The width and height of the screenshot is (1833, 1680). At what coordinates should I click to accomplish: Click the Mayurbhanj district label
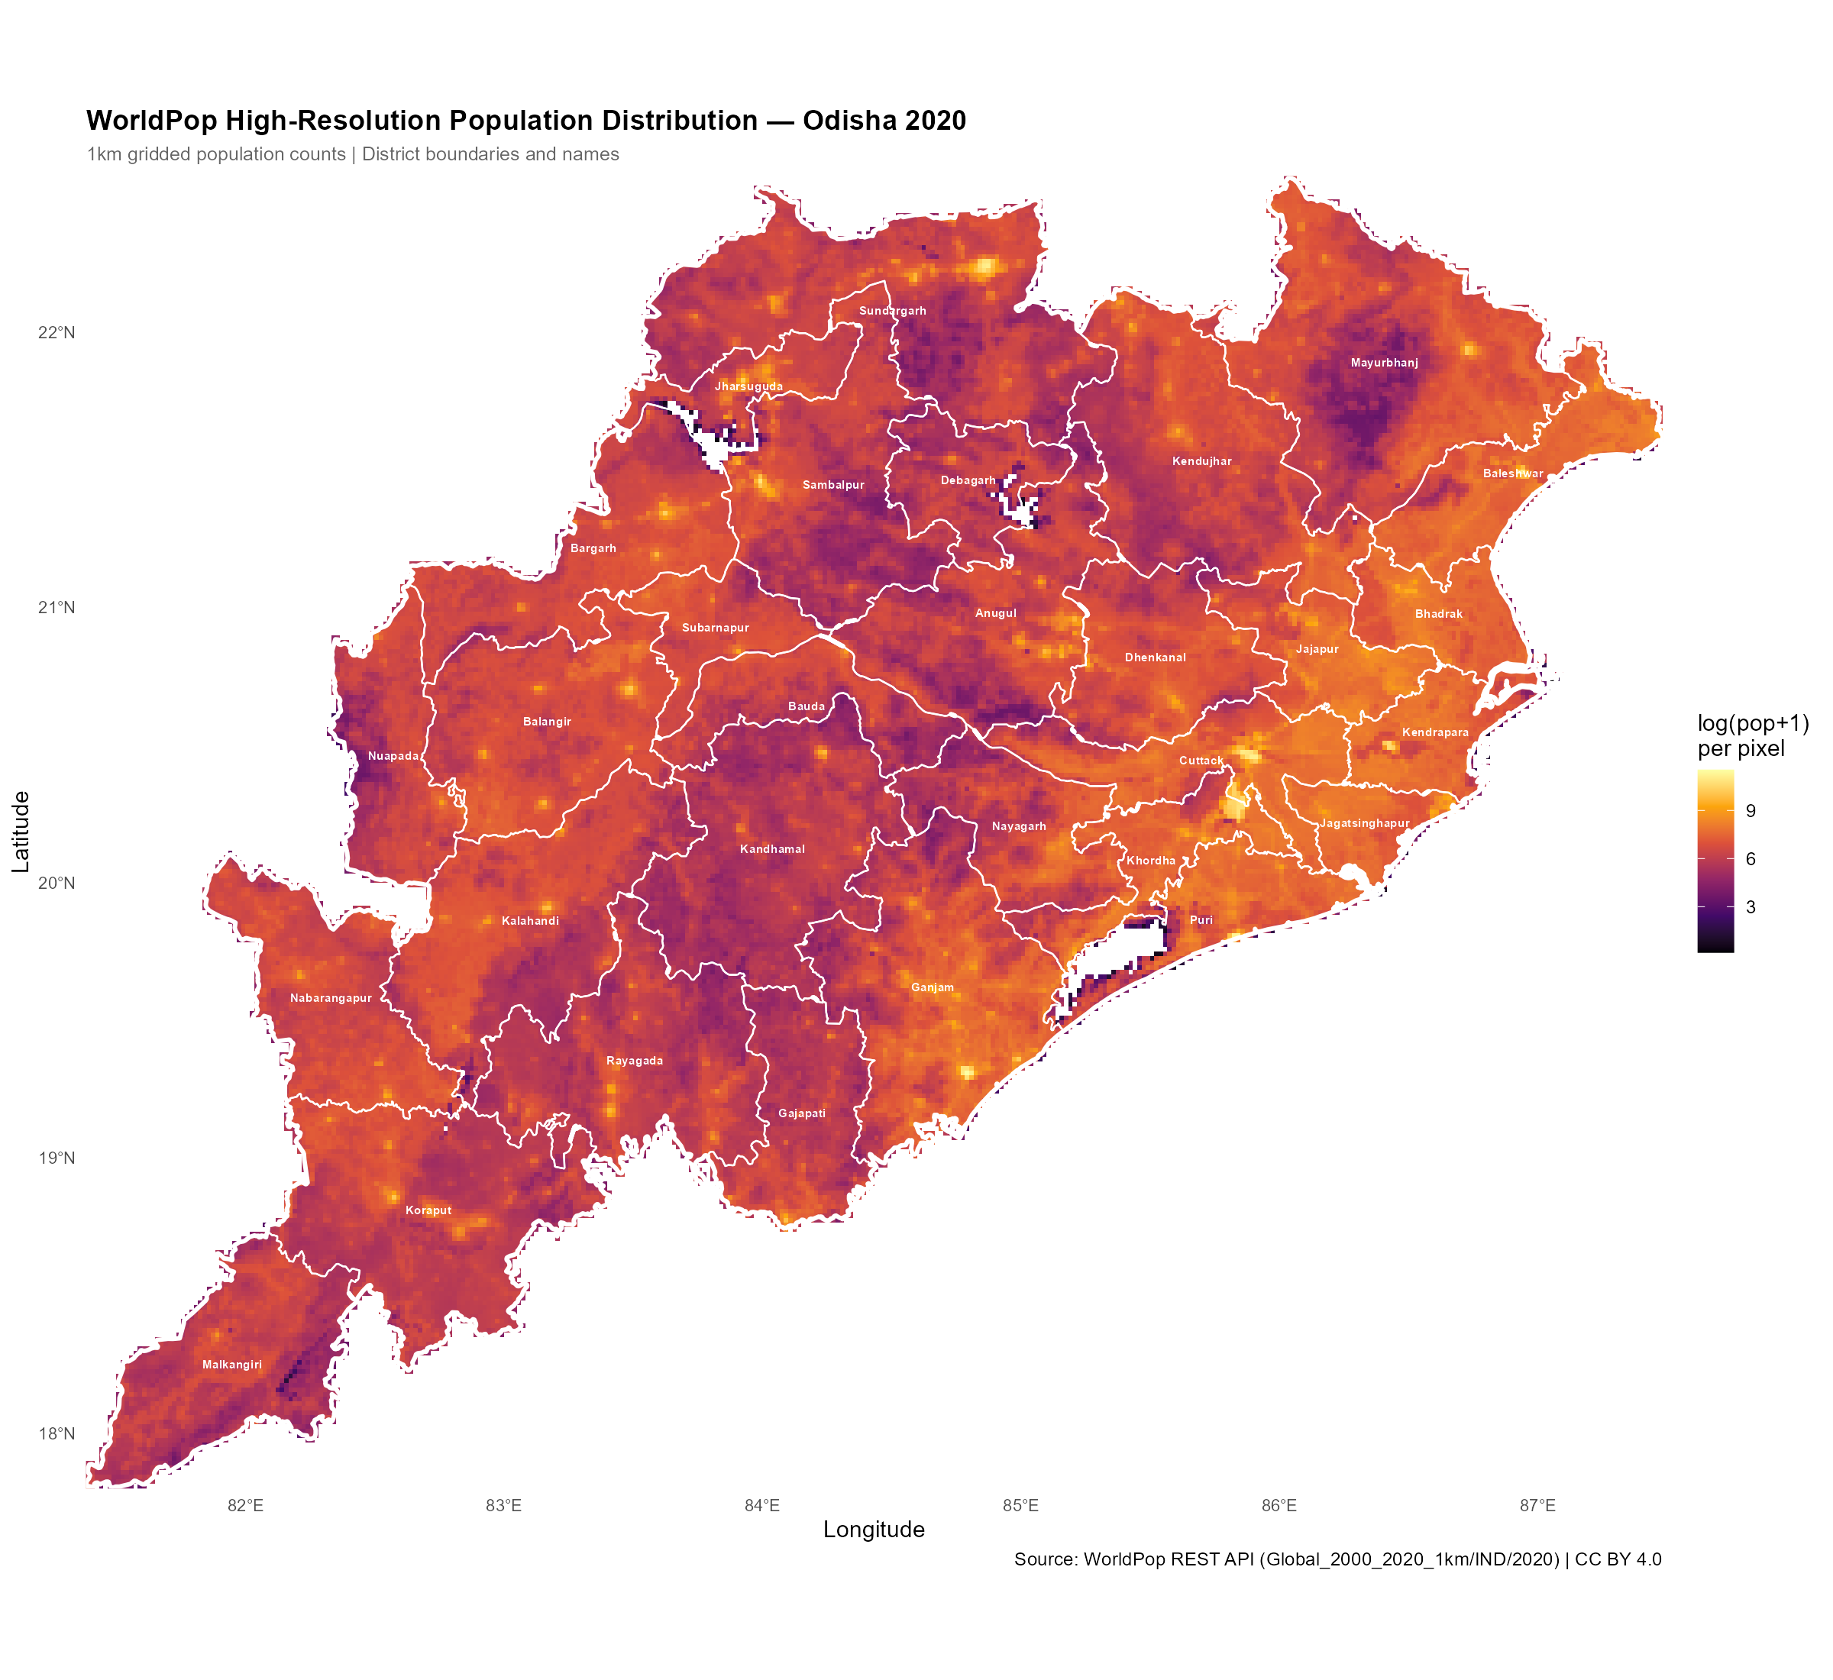[x=1384, y=363]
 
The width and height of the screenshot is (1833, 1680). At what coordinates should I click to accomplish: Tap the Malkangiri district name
[x=232, y=1365]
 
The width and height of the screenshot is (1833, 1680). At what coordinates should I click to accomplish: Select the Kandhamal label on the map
[x=772, y=849]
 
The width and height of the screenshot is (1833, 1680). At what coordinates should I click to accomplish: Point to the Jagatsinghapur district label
[x=1364, y=824]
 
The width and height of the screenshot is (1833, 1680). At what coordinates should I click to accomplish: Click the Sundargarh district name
[x=892, y=311]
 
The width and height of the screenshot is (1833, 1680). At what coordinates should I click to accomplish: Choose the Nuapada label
[x=393, y=756]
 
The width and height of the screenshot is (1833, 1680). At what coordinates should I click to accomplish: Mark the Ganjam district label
[x=932, y=987]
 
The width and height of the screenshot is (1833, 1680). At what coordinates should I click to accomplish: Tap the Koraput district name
[x=428, y=1210]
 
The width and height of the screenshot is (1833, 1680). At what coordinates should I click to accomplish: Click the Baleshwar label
[x=1513, y=473]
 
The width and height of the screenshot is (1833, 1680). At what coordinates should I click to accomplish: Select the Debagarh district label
[x=968, y=480]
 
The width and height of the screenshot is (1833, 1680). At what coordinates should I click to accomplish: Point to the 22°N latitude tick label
[x=57, y=333]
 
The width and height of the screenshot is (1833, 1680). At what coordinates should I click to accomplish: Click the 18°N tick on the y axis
[x=57, y=1433]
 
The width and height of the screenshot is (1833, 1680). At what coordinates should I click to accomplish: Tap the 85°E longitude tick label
[x=1020, y=1505]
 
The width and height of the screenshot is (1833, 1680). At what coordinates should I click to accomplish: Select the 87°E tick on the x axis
[x=1537, y=1505]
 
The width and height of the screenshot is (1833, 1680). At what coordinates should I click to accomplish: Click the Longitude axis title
[x=874, y=1530]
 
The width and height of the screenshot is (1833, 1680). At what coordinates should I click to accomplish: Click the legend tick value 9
[x=1751, y=811]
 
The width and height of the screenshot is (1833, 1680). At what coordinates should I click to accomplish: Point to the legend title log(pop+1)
[x=1752, y=724]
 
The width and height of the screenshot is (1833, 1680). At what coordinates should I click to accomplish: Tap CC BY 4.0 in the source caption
[x=1618, y=1560]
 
